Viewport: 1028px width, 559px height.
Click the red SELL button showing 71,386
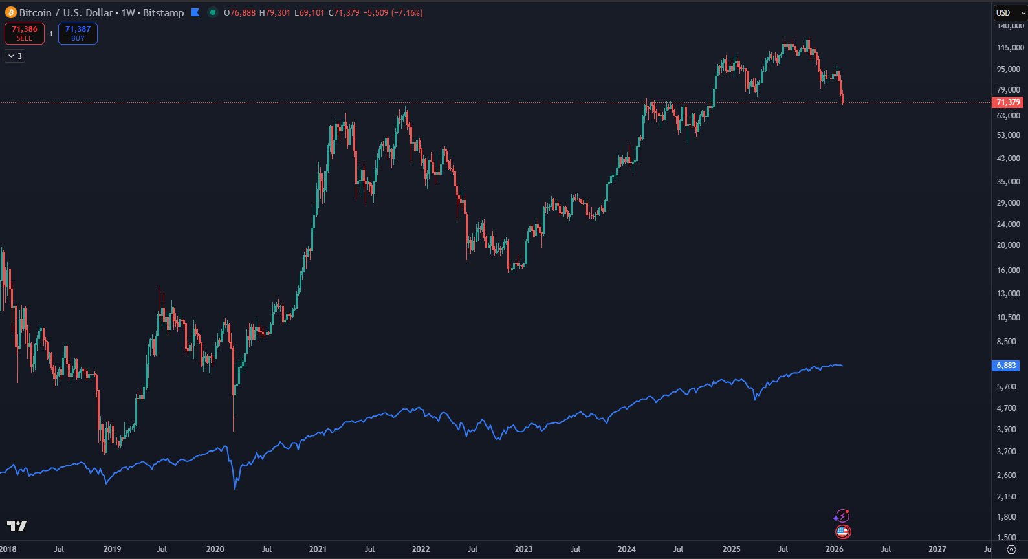click(x=25, y=34)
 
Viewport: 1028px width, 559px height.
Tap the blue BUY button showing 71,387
click(x=78, y=34)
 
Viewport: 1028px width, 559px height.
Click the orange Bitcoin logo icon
click(x=11, y=12)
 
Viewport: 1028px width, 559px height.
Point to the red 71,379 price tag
click(x=1008, y=102)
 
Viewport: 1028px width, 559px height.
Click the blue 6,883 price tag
click(x=1006, y=366)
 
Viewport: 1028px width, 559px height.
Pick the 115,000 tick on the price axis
click(x=1010, y=48)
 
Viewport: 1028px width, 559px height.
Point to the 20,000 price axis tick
click(x=1008, y=245)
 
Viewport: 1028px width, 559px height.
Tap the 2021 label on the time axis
click(x=318, y=549)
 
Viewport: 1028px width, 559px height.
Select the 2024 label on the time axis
click(x=626, y=549)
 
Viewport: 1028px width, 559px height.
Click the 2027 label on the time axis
click(x=937, y=549)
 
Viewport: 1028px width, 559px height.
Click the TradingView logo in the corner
click(x=17, y=527)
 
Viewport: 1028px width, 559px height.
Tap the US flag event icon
click(x=842, y=532)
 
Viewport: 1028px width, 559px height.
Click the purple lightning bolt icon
click(x=841, y=516)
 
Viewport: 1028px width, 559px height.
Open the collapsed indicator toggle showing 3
click(x=15, y=56)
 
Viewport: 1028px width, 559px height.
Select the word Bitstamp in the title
click(x=163, y=13)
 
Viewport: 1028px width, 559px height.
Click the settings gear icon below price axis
click(x=1012, y=549)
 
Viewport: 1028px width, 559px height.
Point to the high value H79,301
click(x=274, y=13)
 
